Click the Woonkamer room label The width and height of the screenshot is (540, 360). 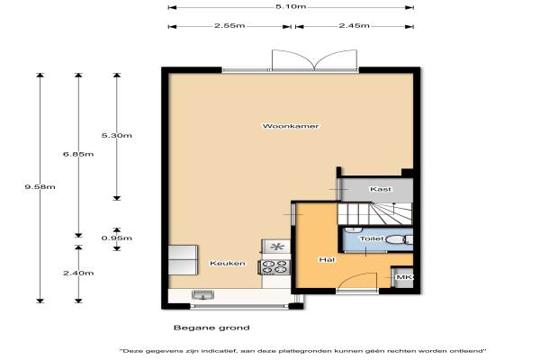[291, 126]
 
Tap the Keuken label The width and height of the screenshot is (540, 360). [228, 263]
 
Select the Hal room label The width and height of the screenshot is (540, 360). [327, 259]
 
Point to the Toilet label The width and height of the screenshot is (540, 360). [372, 238]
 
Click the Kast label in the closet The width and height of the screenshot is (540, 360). [381, 189]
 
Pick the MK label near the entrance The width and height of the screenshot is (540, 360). [404, 277]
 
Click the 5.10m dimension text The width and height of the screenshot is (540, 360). [291, 6]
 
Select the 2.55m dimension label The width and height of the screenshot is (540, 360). [229, 25]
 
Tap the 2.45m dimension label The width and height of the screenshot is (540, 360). [354, 25]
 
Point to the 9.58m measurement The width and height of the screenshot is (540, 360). [40, 187]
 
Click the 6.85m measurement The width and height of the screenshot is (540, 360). [78, 154]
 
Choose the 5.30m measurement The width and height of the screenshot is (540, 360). [117, 135]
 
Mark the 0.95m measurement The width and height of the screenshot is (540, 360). [117, 238]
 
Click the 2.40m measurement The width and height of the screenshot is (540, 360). [78, 274]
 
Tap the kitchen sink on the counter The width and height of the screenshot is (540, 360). [202, 295]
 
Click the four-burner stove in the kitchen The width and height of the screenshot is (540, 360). [274, 267]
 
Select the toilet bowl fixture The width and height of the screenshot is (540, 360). [397, 239]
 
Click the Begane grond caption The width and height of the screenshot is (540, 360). [211, 328]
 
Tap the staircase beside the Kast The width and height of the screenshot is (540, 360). [374, 213]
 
